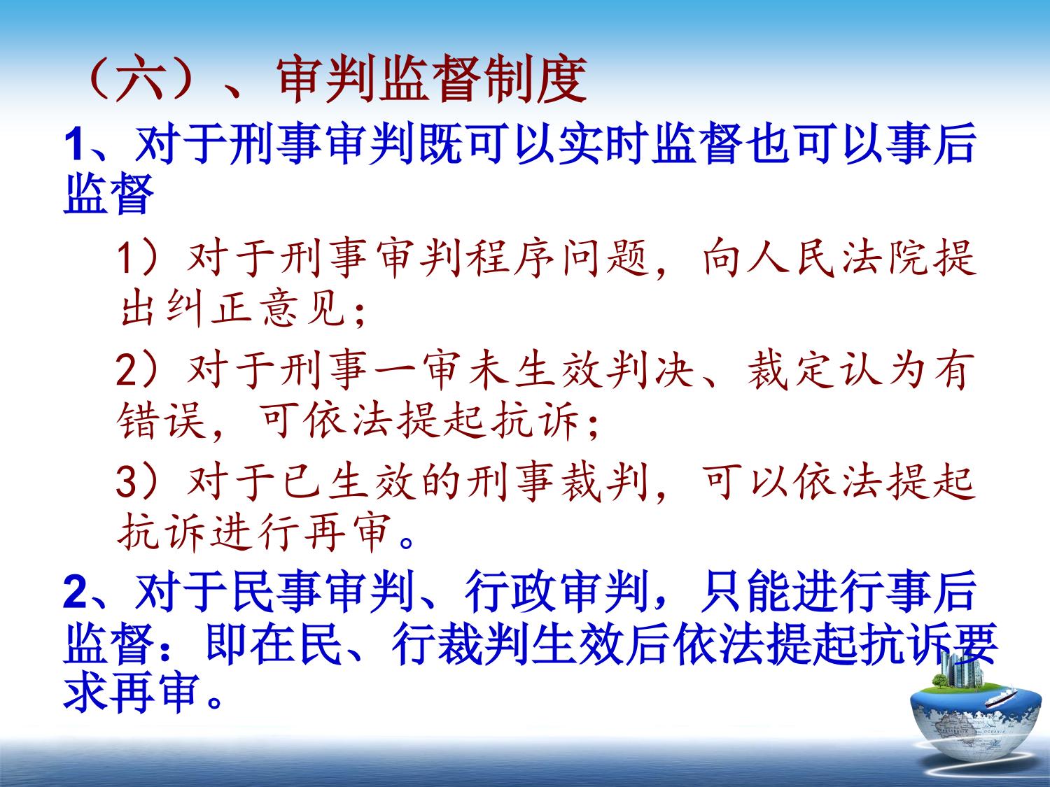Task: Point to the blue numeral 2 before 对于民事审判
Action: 75,593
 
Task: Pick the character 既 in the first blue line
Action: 440,143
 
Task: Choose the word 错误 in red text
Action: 161,420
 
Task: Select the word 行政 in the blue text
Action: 510,593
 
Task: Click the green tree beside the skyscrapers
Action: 937,681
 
